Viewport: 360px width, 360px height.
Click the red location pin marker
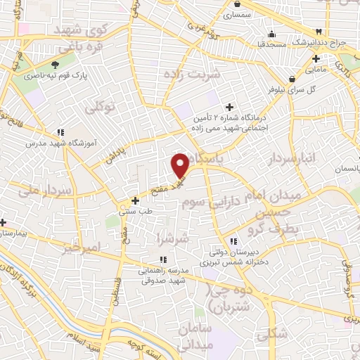coord(180,164)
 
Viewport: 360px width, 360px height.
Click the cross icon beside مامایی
coord(316,59)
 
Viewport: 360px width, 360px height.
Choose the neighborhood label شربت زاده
coord(192,73)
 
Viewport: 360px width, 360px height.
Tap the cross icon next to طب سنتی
coord(135,200)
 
